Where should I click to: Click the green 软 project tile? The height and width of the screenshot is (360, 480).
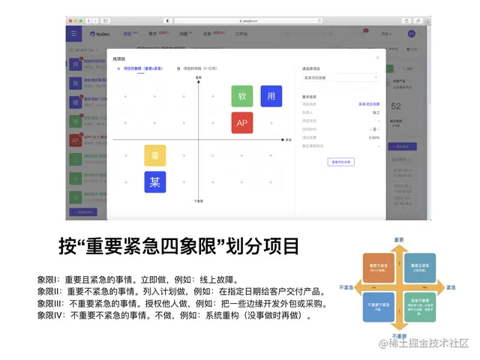click(242, 96)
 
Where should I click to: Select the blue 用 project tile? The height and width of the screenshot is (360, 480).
click(271, 96)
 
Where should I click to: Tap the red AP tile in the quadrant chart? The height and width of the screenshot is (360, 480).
click(242, 122)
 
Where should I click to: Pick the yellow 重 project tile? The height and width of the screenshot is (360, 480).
click(155, 155)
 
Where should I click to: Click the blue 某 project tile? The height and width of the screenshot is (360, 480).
click(155, 181)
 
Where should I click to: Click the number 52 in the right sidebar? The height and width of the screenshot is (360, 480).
click(397, 107)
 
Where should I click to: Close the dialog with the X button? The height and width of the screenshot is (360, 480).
click(377, 58)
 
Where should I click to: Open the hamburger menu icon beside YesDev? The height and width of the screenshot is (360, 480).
click(73, 34)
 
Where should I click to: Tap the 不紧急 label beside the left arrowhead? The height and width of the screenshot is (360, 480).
click(346, 287)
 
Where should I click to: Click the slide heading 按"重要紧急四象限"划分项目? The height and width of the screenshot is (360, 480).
click(179, 246)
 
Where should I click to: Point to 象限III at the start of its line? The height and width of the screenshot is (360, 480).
click(51, 304)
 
